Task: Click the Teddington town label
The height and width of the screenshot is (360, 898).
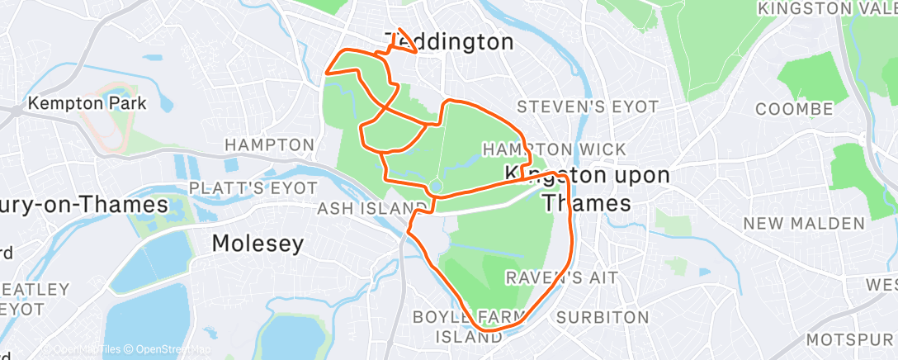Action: (x=449, y=42)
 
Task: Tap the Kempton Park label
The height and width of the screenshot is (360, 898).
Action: (x=87, y=104)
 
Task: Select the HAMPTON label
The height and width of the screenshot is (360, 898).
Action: (x=270, y=145)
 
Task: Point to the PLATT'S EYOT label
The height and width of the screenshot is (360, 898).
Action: (x=240, y=188)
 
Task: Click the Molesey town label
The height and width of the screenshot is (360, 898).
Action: (x=258, y=244)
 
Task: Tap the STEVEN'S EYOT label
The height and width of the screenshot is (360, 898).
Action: (x=588, y=107)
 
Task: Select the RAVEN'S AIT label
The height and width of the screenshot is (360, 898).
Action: (x=562, y=277)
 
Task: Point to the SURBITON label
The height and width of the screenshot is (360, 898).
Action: (x=598, y=317)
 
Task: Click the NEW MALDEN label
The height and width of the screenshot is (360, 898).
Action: (x=804, y=224)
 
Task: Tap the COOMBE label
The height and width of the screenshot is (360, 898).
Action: (x=794, y=110)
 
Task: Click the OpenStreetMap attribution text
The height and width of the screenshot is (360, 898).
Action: (x=168, y=349)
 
